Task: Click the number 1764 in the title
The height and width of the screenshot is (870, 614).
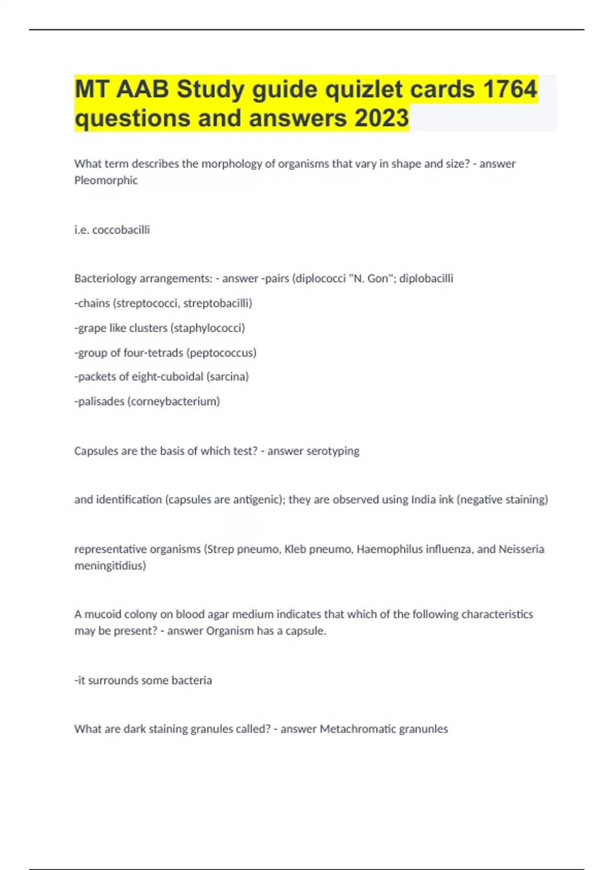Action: [x=510, y=89]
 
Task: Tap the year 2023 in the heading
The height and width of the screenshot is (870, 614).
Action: [x=381, y=118]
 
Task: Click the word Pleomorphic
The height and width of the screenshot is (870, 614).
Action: [x=106, y=180]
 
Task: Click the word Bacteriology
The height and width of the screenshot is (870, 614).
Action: [x=105, y=278]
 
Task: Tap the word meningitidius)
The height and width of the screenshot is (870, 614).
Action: [x=110, y=565]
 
